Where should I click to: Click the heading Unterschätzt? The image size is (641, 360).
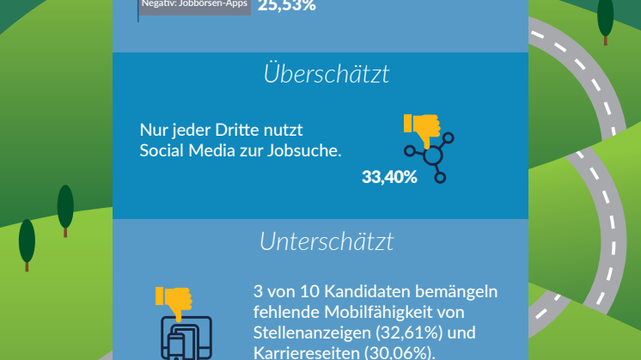click(327, 241)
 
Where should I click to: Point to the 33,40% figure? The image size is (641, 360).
click(389, 178)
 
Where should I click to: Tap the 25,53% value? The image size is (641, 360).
click(286, 6)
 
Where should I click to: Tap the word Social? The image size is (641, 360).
click(163, 151)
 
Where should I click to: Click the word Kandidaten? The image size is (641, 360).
click(367, 292)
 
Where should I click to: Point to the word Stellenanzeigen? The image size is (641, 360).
click(314, 332)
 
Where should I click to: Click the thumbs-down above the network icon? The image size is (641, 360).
click(422, 130)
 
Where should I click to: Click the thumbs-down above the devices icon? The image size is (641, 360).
click(174, 302)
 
